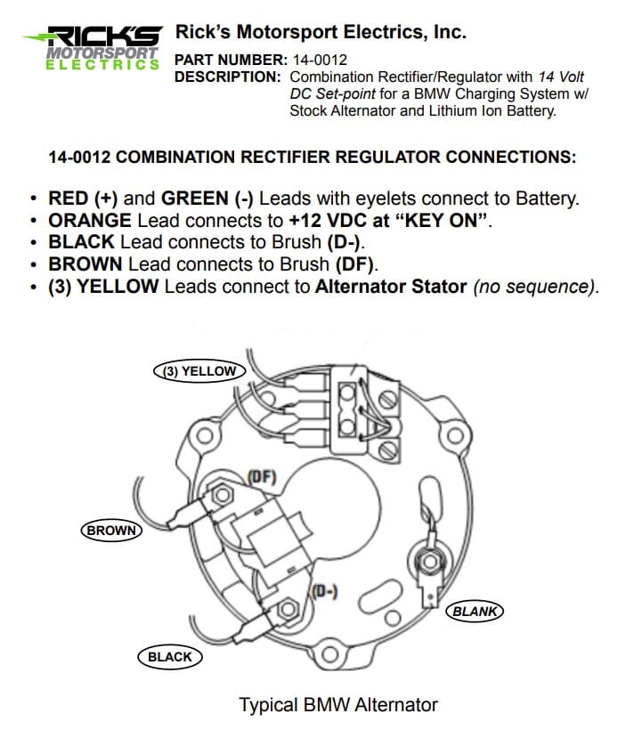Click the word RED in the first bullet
pos(68,199)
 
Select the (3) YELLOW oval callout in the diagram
pos(200,371)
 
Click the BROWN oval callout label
pos(111,531)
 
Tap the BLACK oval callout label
pos(169,657)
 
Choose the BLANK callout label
pos(475,612)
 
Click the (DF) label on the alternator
pos(262,478)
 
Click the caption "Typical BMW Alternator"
pos(338,705)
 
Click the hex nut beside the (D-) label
pos(287,610)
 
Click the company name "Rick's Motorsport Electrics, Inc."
pos(321,32)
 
